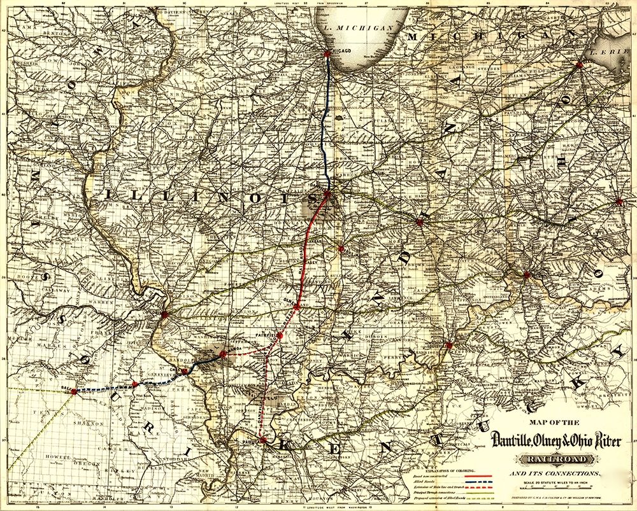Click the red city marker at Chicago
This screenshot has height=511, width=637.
point(327,54)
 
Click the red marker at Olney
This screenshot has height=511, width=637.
point(296,306)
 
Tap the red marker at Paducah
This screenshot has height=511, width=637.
point(263,440)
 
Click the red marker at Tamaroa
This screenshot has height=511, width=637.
point(223,354)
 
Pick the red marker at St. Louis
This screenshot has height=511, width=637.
point(164,314)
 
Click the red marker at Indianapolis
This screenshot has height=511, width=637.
point(419,222)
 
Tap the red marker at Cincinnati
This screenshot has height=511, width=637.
point(526,275)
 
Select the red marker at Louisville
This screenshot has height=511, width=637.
point(449,346)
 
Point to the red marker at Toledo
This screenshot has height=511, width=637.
point(579,64)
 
